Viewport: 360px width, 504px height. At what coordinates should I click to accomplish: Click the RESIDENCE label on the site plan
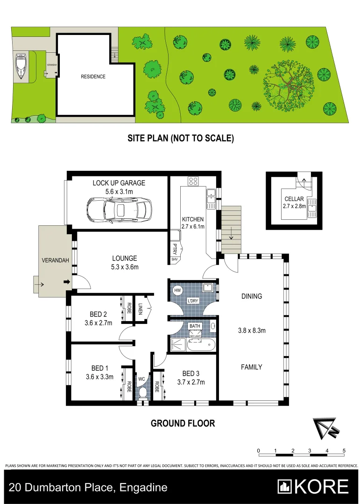(93, 77)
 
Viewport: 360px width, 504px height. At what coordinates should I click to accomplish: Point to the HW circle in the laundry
(177, 290)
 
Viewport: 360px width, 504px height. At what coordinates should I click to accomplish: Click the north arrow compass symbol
(324, 428)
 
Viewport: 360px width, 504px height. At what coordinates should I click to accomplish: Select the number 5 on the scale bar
(344, 450)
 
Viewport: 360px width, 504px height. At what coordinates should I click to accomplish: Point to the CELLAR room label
(294, 199)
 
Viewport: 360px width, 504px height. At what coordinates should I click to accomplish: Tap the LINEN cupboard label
(140, 308)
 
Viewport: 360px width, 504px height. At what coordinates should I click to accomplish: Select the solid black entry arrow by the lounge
(66, 282)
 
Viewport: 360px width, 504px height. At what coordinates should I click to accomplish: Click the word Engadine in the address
(143, 488)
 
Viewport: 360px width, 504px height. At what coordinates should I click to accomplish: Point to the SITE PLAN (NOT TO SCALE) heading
(181, 138)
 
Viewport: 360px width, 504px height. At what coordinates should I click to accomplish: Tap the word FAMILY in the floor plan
(252, 367)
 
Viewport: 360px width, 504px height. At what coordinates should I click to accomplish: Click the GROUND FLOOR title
(183, 423)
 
